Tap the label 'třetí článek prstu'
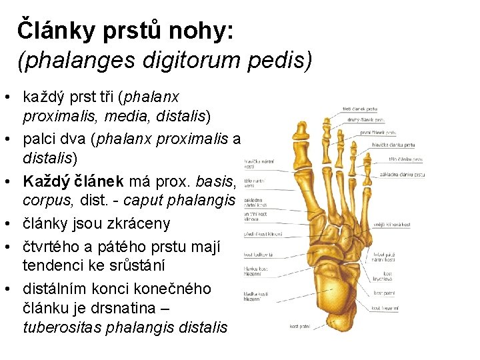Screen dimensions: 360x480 click(x=360, y=108)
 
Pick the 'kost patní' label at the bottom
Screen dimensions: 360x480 click(x=300, y=327)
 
